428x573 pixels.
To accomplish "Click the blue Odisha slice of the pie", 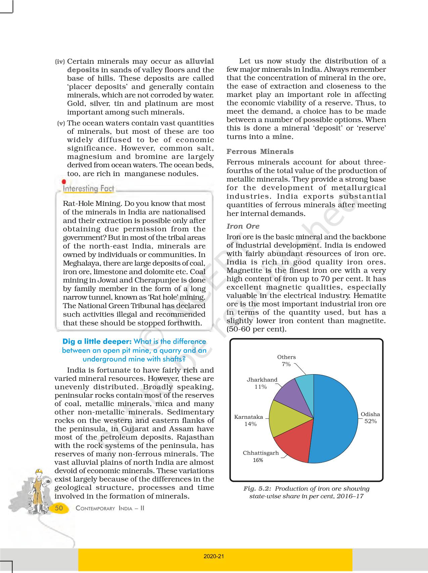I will coord(336,419).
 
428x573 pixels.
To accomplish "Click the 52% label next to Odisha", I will coord(371,421).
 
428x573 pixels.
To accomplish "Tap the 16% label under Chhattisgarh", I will coord(258,460).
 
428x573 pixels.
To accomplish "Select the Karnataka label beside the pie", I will coord(248,417).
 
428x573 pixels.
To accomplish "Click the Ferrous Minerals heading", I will coord(260,152).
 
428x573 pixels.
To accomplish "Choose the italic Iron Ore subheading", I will coord(243,226).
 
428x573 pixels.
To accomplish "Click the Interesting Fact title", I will coord(89,189).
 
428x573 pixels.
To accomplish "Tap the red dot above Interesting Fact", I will coord(64,182).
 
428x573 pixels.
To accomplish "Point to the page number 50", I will coord(59,508).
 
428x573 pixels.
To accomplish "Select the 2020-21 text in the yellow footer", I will coord(213,556).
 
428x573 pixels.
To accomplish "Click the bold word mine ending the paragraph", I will coord(281,137).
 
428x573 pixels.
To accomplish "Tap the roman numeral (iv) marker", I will coord(60,62).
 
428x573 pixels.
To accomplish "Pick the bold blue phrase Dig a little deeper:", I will coord(97,342).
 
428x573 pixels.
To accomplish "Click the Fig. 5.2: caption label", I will coord(257,489).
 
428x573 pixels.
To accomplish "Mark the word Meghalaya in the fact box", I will coord(80,263).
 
